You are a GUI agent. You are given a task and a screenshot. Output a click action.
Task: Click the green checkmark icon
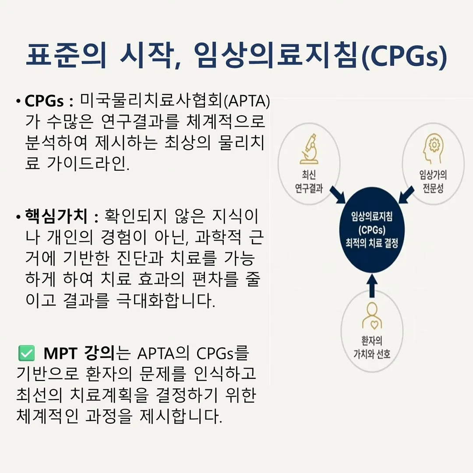pos(27,353)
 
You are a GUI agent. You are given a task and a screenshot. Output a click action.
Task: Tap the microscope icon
pos(309,149)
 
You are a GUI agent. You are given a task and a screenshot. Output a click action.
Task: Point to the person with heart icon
pos(372,315)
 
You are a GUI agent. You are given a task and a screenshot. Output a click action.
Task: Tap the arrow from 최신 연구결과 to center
pos(338,194)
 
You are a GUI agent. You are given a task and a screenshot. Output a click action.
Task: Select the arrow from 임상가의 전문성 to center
pos(406,194)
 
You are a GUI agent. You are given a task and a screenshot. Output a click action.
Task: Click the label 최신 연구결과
pos(309,181)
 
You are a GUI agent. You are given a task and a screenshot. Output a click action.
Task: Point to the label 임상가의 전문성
pos(433,181)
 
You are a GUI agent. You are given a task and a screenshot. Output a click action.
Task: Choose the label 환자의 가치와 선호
pos(372,347)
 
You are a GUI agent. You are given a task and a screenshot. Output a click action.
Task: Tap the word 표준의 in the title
pos(66,55)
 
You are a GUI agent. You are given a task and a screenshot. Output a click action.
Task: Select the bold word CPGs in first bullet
pos(44,101)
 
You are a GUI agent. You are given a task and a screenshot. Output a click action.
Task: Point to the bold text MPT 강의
pos(79,353)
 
